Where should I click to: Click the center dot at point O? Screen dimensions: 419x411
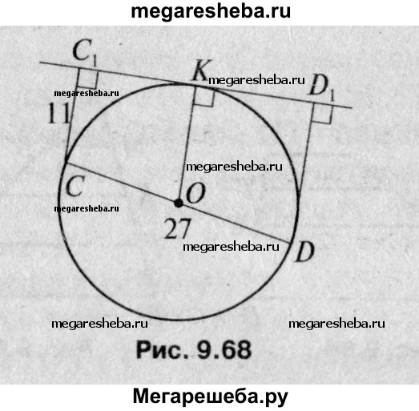(179, 203)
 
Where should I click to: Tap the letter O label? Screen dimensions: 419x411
(196, 193)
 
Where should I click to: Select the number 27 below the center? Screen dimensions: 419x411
(178, 228)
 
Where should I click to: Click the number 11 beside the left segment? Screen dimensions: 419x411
(58, 113)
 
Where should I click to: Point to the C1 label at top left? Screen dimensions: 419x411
(84, 52)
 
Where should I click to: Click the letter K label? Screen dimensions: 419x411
(202, 71)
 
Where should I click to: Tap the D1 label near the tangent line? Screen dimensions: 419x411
(321, 87)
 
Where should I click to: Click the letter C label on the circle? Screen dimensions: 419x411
(75, 186)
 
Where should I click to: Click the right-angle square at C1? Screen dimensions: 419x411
(87, 79)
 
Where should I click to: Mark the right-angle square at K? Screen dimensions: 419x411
(204, 96)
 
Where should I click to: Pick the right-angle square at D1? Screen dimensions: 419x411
(323, 114)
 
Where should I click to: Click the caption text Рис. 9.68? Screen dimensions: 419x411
(194, 350)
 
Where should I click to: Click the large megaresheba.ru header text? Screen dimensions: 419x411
(211, 12)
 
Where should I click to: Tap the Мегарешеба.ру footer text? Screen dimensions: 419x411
(211, 397)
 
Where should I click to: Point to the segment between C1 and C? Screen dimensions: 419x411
(72, 115)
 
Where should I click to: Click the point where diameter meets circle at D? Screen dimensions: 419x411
(291, 243)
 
